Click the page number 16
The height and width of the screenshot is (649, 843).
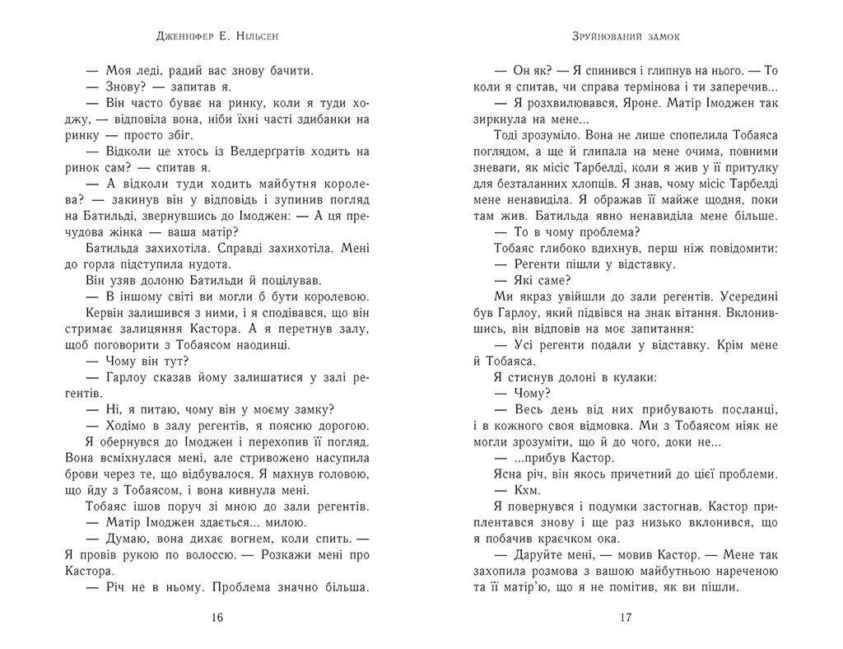(217, 618)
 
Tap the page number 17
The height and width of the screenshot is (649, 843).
(626, 618)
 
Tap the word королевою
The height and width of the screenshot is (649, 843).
(333, 296)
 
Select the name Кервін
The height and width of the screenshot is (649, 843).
(108, 313)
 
